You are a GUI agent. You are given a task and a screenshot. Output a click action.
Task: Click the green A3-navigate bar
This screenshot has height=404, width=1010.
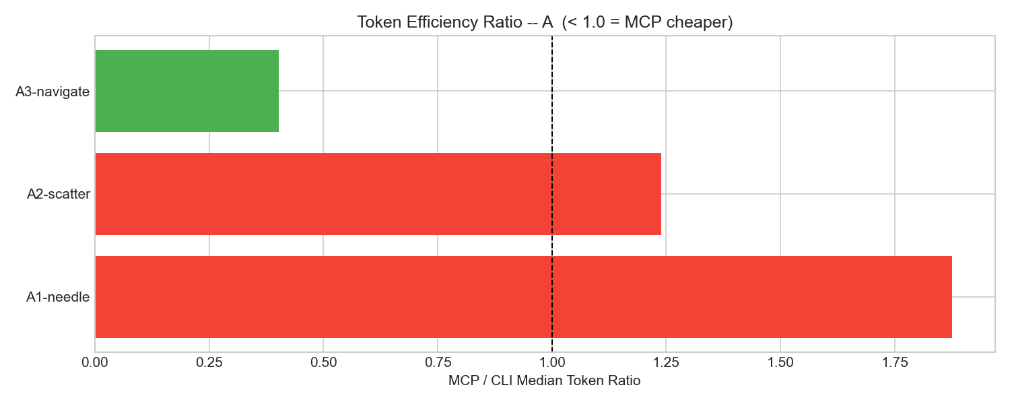click(x=187, y=91)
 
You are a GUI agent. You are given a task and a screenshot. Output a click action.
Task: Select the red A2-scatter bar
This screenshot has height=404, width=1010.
click(x=378, y=194)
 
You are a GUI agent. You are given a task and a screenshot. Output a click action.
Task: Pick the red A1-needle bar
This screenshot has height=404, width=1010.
click(x=523, y=297)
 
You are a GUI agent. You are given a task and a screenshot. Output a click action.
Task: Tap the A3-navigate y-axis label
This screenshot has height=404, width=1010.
click(x=53, y=92)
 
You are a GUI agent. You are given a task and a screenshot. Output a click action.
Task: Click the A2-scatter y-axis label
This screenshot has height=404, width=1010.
click(x=59, y=195)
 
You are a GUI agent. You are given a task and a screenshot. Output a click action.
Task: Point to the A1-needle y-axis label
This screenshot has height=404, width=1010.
click(x=58, y=297)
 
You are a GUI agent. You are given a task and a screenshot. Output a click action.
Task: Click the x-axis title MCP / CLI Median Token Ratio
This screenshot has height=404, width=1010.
click(x=544, y=380)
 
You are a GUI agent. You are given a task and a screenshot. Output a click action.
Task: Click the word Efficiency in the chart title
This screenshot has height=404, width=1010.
click(x=431, y=22)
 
